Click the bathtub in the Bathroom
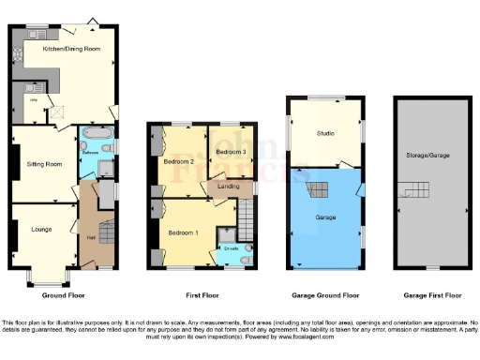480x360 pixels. pyautogui.click(x=96, y=145)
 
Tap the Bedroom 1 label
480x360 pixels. pyautogui.click(x=183, y=232)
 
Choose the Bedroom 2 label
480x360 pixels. pyautogui.click(x=178, y=161)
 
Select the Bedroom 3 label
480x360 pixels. pyautogui.click(x=231, y=152)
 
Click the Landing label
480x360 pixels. pyautogui.click(x=228, y=186)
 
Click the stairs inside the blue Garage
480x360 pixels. pyautogui.click(x=320, y=190)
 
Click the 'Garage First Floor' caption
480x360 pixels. pyautogui.click(x=427, y=295)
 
